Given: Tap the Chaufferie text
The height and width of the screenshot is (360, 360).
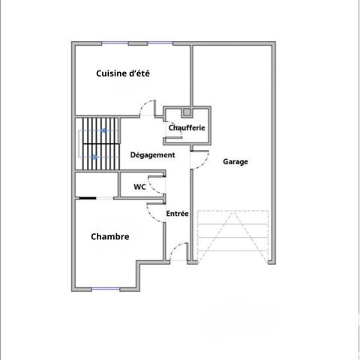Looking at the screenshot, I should coord(187,128).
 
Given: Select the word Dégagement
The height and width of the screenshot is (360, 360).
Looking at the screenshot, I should coord(152,155).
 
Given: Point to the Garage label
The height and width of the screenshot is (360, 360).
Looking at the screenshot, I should coord(235,161).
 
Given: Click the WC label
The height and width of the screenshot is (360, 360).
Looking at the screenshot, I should coord(139,187).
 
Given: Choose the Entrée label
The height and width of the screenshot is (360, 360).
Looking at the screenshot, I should coord(177,214).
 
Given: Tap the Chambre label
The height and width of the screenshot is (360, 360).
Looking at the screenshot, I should coord(110,236).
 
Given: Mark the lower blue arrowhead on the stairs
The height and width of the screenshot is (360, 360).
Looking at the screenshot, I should coord(94,157).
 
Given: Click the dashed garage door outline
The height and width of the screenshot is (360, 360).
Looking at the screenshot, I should coord(232,236).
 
